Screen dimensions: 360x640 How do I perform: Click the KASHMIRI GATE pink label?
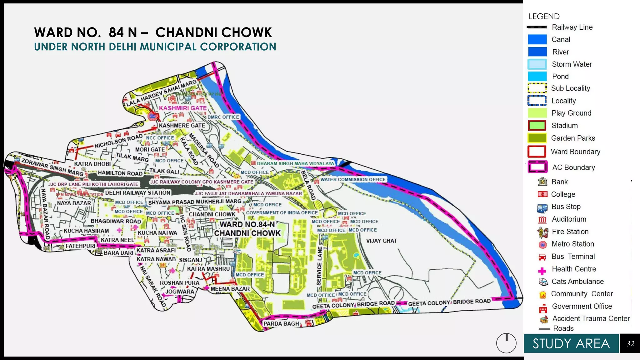point(183,108)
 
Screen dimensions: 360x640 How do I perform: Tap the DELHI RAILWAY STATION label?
point(138,193)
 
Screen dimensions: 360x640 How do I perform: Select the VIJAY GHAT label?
point(382,241)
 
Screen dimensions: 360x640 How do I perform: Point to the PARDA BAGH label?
point(281,324)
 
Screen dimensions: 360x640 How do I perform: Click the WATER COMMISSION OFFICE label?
point(353,180)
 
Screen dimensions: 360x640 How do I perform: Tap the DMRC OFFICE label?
point(223,117)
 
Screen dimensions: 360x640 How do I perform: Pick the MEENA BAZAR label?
point(230,289)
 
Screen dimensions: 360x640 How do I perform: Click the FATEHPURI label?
point(80,246)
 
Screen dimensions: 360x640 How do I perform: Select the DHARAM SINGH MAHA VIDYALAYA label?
point(295,163)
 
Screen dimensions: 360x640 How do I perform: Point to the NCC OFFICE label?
point(160,138)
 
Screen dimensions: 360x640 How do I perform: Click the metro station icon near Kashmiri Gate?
point(152,117)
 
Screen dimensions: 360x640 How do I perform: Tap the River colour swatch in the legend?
point(537,52)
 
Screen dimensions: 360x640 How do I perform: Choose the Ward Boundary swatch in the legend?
point(537,152)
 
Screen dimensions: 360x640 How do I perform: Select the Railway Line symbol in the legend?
point(537,27)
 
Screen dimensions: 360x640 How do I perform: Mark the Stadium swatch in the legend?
point(537,126)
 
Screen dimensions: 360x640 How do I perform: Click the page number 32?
point(630,344)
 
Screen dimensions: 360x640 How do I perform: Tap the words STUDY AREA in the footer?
point(571,344)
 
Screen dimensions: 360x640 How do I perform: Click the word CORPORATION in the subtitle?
point(238,47)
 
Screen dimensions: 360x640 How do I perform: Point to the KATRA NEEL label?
point(117,240)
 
